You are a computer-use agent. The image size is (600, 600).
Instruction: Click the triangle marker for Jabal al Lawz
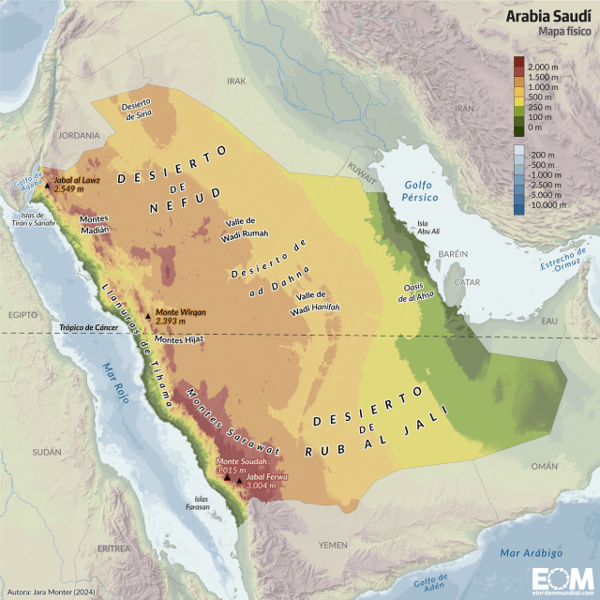click(x=47, y=186)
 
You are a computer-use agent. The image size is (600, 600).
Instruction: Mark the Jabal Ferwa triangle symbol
click(x=240, y=481)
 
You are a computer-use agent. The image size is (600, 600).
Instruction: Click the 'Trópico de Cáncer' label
click(x=88, y=328)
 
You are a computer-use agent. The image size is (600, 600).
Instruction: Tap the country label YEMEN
click(x=333, y=545)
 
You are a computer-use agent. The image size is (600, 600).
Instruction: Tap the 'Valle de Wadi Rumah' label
click(x=247, y=228)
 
